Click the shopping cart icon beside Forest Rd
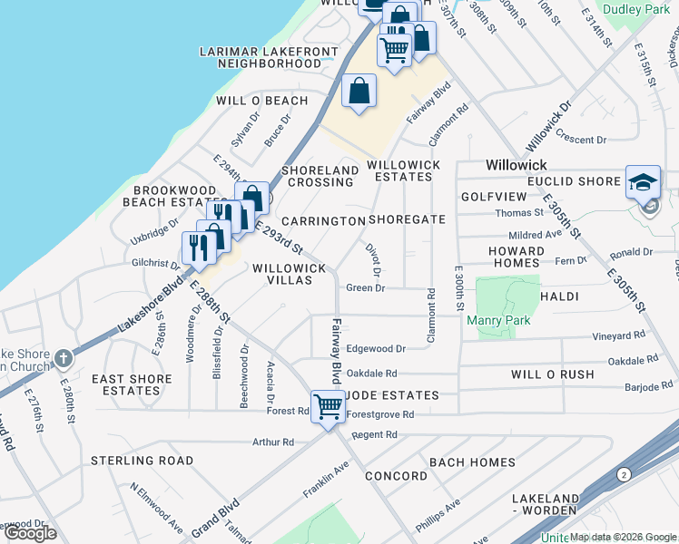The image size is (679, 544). [x=327, y=405]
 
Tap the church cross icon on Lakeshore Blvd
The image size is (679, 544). [x=63, y=358]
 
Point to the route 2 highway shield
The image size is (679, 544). [x=624, y=474]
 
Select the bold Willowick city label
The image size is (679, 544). [x=516, y=165]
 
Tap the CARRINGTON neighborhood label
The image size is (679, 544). [x=322, y=221]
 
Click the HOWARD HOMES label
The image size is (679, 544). [x=516, y=257]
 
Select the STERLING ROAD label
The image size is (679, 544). [x=142, y=461]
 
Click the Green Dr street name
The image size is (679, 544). [x=367, y=288]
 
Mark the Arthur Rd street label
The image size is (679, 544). [x=275, y=442]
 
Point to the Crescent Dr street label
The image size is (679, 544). [x=582, y=140]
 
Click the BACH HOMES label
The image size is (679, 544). [x=472, y=462]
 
